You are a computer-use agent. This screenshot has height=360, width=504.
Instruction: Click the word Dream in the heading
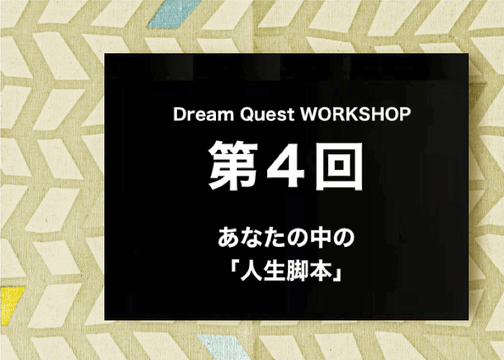pyautogui.click(x=203, y=114)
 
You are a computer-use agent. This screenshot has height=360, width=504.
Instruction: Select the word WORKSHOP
pyautogui.click(x=355, y=114)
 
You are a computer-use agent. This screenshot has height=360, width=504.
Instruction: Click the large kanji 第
pyautogui.click(x=233, y=166)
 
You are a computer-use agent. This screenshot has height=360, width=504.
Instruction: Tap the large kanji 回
pyautogui.click(x=339, y=166)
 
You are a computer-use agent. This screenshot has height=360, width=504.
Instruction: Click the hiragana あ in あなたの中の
pyautogui.click(x=228, y=238)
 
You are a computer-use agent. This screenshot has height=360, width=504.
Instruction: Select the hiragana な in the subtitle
pyautogui.click(x=251, y=238)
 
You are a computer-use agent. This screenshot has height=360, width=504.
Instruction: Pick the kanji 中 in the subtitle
pyautogui.click(x=321, y=238)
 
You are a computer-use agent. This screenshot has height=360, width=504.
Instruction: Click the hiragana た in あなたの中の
pyautogui.click(x=274, y=238)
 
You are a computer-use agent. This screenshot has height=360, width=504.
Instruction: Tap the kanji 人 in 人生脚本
pyautogui.click(x=251, y=271)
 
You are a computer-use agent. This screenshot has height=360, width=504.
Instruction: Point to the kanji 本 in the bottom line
pyautogui.click(x=321, y=271)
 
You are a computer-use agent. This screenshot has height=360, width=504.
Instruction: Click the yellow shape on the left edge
pyautogui.click(x=11, y=305)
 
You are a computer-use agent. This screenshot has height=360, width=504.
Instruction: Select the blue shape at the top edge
pyautogui.click(x=174, y=14)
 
